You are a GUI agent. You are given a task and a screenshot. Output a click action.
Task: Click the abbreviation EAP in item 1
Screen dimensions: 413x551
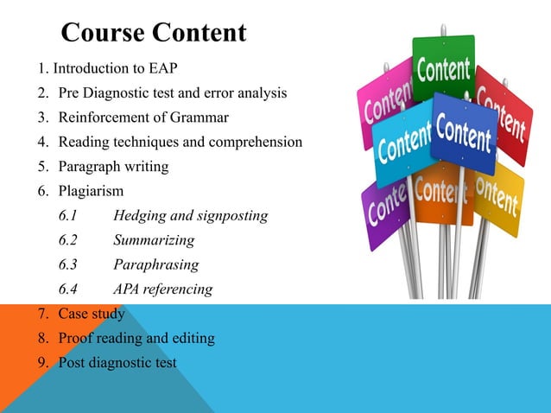173,68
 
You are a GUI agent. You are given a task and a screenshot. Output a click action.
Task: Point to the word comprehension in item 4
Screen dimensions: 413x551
258,141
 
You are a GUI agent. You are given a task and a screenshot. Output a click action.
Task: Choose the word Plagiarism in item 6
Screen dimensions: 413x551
91,190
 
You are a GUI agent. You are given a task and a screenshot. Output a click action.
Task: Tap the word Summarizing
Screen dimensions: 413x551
154,240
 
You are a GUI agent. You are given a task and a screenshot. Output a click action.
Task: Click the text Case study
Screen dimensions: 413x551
91,314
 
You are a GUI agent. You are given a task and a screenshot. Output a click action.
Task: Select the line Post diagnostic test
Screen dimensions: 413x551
117,362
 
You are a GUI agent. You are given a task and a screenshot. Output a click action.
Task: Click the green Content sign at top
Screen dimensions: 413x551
443,69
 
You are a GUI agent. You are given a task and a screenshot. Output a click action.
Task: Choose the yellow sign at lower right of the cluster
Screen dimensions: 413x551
499,199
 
